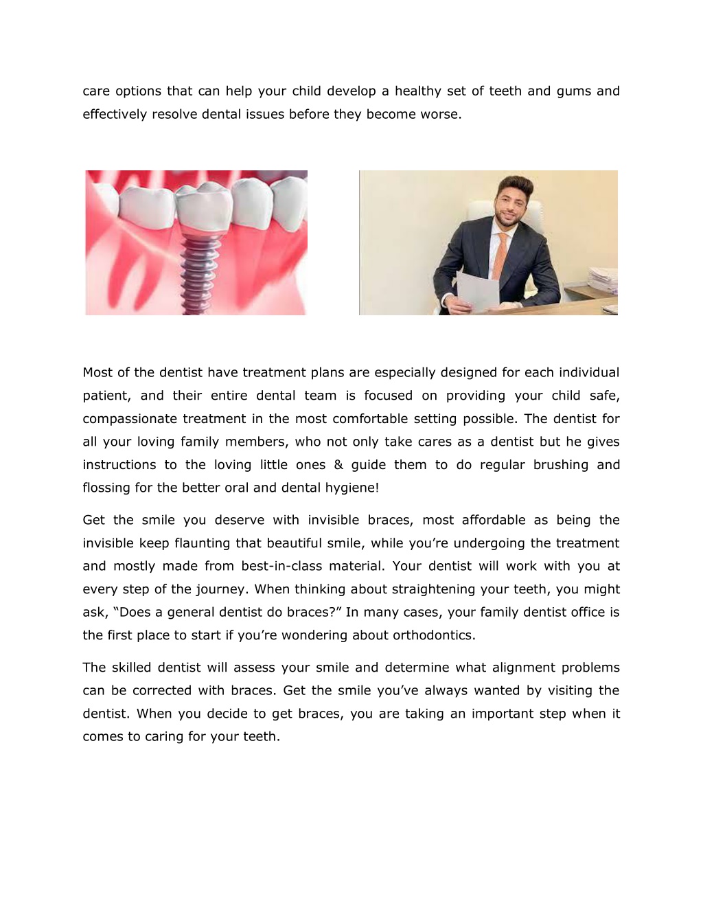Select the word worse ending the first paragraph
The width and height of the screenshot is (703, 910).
point(441,114)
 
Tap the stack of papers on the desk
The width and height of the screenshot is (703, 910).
point(602,282)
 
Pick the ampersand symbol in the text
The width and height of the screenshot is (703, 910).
point(338,465)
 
